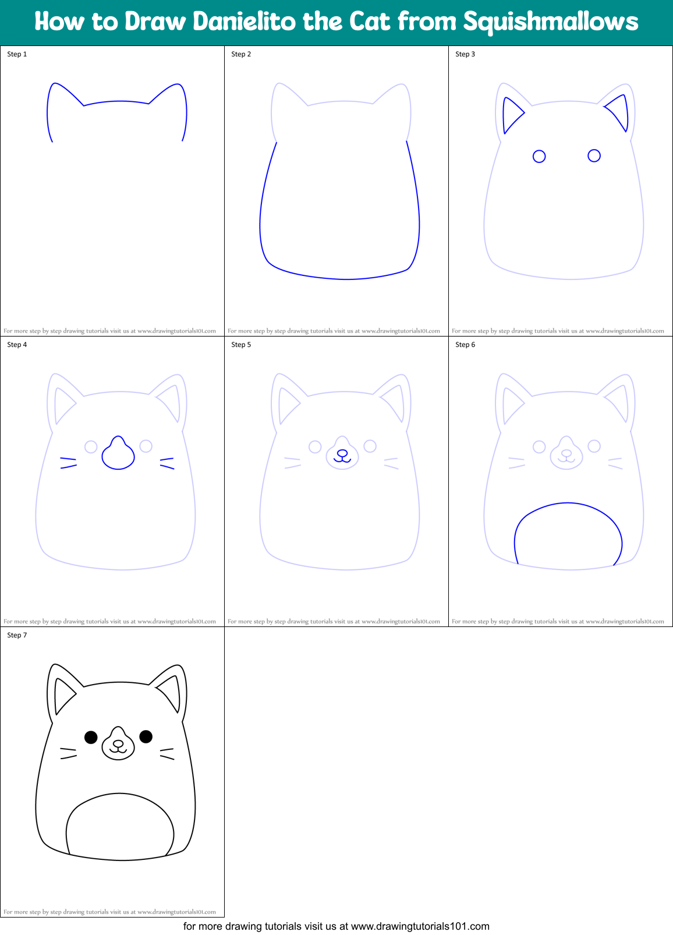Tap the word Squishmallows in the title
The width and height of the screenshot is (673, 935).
pyautogui.click(x=550, y=22)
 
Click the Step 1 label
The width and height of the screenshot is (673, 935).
pyautogui.click(x=17, y=54)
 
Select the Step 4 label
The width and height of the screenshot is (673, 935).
pyautogui.click(x=17, y=345)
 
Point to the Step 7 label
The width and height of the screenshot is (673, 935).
pyautogui.click(x=17, y=635)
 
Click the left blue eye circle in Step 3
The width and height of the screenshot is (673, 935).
pyautogui.click(x=539, y=156)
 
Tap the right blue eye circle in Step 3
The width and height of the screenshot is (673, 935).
pyautogui.click(x=594, y=155)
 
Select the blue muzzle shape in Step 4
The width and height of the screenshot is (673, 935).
pyautogui.click(x=118, y=455)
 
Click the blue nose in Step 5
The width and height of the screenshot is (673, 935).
pyautogui.click(x=342, y=453)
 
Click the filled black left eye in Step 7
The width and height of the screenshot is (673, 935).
pyautogui.click(x=91, y=737)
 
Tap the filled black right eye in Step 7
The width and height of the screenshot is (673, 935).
pyautogui.click(x=146, y=736)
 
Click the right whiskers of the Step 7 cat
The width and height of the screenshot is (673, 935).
pyautogui.click(x=167, y=753)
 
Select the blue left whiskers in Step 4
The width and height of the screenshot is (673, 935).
pyautogui.click(x=68, y=463)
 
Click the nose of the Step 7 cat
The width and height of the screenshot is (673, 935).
pyautogui.click(x=118, y=743)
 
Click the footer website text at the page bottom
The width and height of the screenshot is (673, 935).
pyautogui.click(x=336, y=926)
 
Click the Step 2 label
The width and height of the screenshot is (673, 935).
pyautogui.click(x=241, y=54)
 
